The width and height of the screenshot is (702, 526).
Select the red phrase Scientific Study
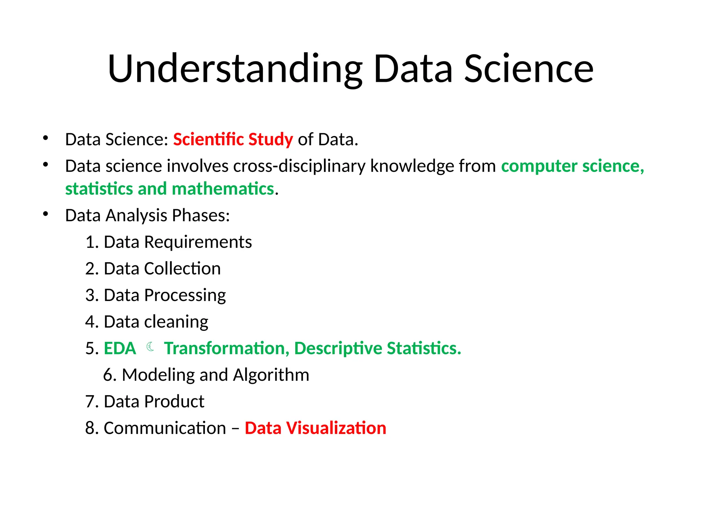pyautogui.click(x=233, y=139)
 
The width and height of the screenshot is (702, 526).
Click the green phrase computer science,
pyautogui.click(x=572, y=166)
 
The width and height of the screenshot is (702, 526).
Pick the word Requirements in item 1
pyautogui.click(x=198, y=242)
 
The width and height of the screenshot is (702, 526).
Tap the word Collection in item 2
pyautogui.click(x=182, y=268)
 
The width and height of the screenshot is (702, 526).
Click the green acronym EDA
pyautogui.click(x=120, y=349)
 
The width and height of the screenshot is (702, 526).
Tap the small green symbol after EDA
pyautogui.click(x=150, y=347)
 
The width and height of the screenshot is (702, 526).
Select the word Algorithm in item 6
pyautogui.click(x=271, y=375)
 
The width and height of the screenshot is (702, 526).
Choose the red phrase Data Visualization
pyautogui.click(x=315, y=428)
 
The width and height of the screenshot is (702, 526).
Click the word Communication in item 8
pyautogui.click(x=165, y=428)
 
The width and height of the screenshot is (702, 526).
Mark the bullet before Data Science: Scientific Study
pyautogui.click(x=46, y=138)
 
